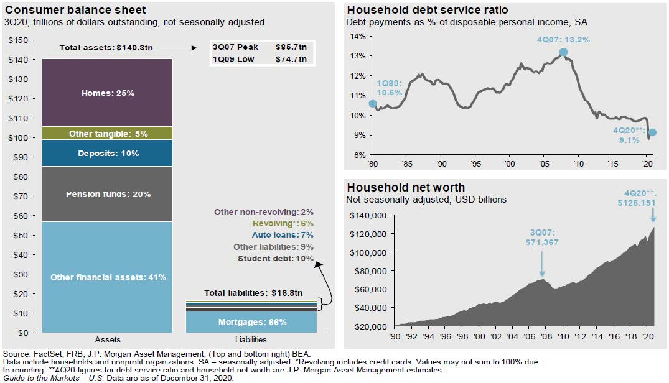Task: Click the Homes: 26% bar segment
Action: pos(108,93)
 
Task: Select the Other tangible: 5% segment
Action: pos(108,133)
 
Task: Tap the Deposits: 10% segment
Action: pos(108,153)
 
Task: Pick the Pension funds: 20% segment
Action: pos(108,194)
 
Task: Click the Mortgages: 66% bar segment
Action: pos(252,322)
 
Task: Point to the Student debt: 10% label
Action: pos(275,258)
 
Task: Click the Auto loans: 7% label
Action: pos(283,234)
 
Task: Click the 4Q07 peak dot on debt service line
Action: pos(563,53)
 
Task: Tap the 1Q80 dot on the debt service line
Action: pos(373,104)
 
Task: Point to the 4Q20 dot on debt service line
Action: pos(652,132)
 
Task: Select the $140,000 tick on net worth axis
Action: pos(370,215)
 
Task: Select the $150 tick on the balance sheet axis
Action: pos(19,40)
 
